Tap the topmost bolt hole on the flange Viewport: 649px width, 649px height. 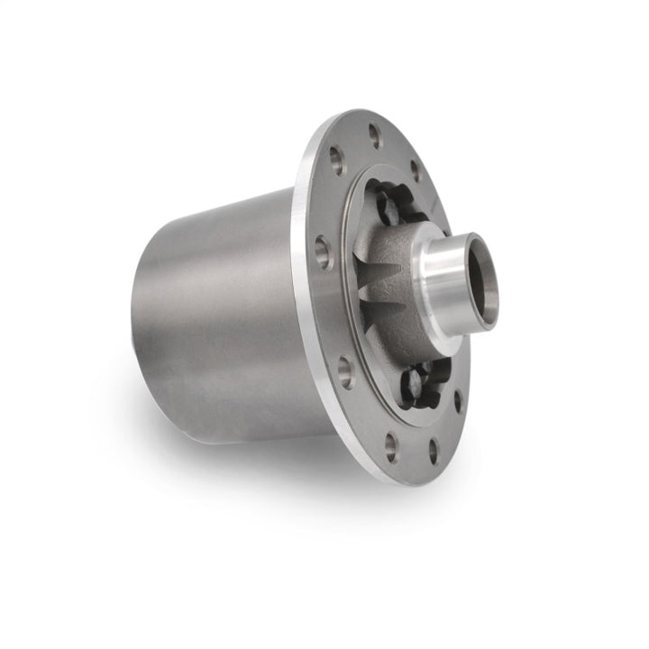tap(374, 136)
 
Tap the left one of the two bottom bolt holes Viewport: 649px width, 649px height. tap(390, 443)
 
